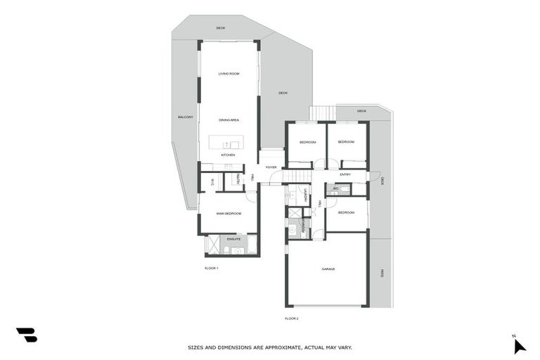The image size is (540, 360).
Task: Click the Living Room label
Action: (229, 74)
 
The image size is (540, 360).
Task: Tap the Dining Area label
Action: (229, 120)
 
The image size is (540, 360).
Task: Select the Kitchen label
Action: (228, 155)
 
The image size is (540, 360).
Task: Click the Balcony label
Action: (186, 117)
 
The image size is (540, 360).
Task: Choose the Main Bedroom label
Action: (229, 213)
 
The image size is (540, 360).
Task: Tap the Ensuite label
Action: (233, 240)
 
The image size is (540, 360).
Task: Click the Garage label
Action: (328, 269)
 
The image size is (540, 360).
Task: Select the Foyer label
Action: (271, 167)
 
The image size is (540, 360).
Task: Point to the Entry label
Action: (345, 174)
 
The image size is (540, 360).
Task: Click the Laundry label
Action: (306, 195)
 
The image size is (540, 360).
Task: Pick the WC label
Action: (337, 188)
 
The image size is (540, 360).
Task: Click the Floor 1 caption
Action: (212, 269)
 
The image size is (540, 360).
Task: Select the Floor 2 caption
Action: (292, 319)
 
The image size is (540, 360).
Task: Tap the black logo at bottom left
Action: (26, 335)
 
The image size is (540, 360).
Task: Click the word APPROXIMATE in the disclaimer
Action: (275, 347)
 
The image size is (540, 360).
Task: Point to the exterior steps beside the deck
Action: (322, 113)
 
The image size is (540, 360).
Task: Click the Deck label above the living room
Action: (221, 28)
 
